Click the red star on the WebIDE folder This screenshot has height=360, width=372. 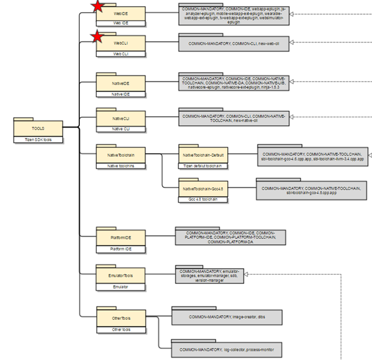pos(97,7)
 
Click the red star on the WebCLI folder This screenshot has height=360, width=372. pos(97,38)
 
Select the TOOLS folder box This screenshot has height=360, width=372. pos(38,128)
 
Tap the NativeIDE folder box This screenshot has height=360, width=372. pos(121,83)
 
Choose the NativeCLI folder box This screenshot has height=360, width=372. pos(121,117)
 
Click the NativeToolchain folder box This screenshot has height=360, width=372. pos(121,154)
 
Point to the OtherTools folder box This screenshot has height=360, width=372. pos(121,318)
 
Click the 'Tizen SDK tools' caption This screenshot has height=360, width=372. pos(38,139)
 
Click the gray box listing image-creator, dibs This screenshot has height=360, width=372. pos(227,317)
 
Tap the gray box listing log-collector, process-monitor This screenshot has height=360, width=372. pos(227,350)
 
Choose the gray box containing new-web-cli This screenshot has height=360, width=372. pos(234,43)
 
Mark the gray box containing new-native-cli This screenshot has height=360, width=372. pos(234,118)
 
